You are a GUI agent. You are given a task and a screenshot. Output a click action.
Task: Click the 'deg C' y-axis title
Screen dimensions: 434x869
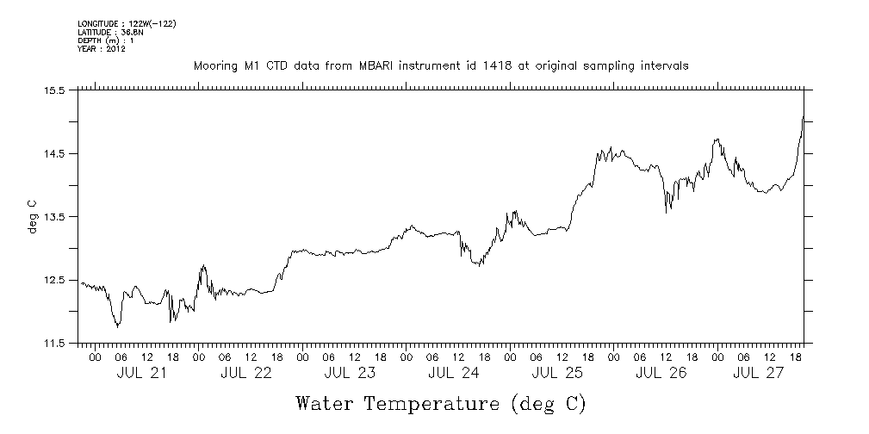click(33, 217)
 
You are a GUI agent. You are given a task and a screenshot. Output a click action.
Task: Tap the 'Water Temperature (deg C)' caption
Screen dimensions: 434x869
click(441, 403)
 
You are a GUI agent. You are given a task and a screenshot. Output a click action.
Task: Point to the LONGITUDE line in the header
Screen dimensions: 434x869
click(127, 23)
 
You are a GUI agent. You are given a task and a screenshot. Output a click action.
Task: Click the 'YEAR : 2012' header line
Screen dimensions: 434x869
click(102, 49)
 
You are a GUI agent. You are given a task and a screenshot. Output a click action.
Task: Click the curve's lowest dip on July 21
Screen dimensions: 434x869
click(117, 326)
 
